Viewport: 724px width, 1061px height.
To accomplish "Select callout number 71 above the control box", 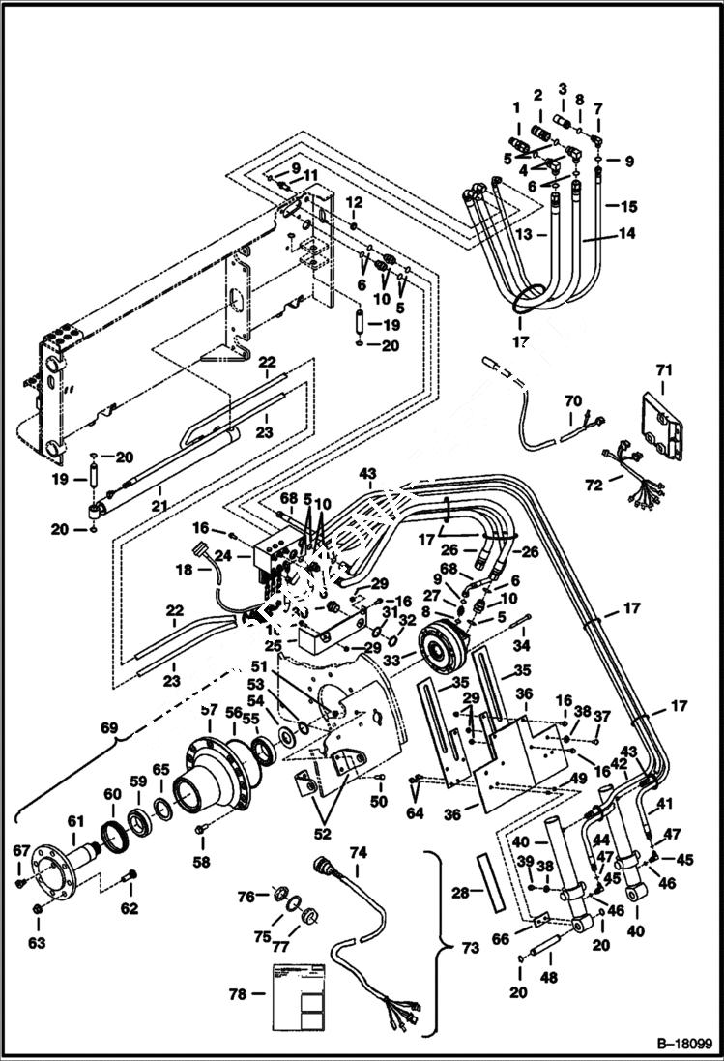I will click(x=663, y=369).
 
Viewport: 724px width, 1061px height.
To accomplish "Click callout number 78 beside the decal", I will click(x=237, y=993).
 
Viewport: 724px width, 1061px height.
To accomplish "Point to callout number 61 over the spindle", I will click(x=76, y=821).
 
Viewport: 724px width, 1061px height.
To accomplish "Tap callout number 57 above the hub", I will click(x=209, y=711).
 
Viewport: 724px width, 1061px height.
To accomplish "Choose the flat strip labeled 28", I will click(x=490, y=878).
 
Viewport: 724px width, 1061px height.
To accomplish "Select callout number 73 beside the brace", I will click(x=470, y=948).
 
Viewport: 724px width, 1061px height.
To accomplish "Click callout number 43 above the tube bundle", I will click(x=367, y=473).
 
